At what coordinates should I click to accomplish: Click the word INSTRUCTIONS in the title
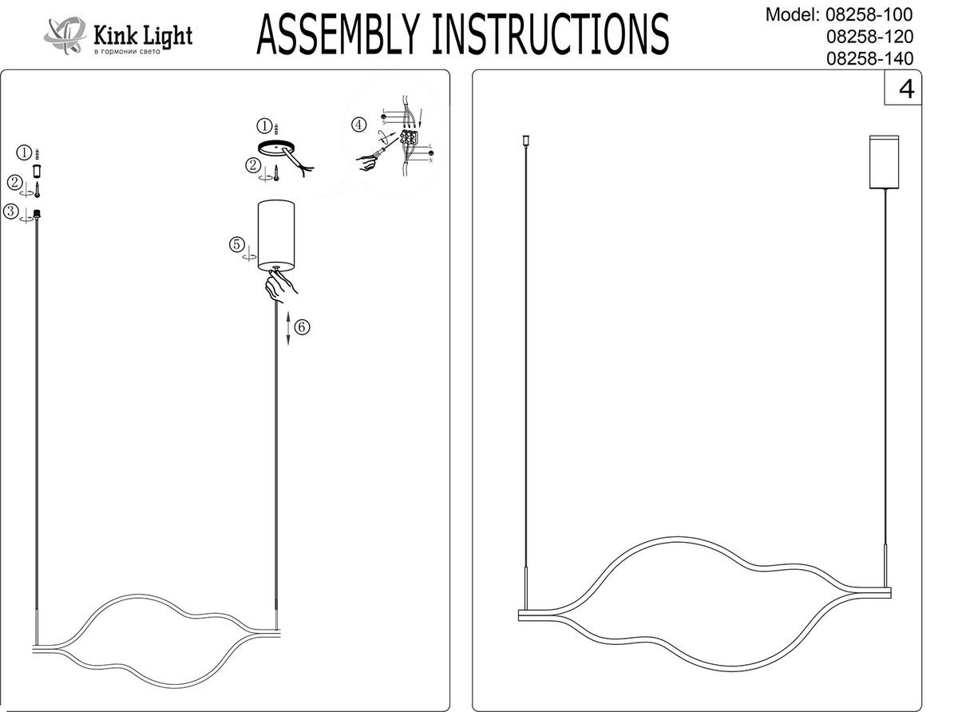pos(549,34)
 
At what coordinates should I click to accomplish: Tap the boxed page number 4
pos(906,89)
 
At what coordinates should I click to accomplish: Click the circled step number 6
pos(301,326)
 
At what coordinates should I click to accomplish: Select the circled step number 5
pos(236,244)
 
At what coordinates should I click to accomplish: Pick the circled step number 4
pos(359,125)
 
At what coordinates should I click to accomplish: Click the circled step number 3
pos(11,212)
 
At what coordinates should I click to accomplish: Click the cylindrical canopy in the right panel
pos(885,162)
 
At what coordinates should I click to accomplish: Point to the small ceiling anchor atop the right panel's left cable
pos(525,142)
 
